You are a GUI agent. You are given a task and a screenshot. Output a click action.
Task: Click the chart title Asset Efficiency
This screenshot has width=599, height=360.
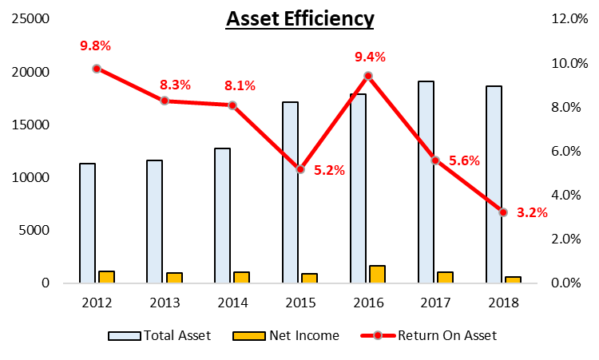[299, 18]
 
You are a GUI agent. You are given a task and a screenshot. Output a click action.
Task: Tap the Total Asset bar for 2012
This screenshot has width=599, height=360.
[87, 223]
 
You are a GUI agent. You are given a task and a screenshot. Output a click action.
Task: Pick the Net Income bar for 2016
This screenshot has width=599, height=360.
[377, 274]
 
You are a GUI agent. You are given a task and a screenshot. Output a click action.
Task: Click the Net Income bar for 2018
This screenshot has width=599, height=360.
[513, 279]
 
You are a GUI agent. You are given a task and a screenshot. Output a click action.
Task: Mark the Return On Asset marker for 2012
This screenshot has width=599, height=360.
[97, 69]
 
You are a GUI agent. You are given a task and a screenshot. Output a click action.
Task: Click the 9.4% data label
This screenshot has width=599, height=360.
[370, 57]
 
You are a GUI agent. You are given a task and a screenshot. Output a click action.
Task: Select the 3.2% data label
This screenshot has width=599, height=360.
[533, 212]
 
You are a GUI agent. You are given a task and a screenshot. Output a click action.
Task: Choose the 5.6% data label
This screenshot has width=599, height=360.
[465, 160]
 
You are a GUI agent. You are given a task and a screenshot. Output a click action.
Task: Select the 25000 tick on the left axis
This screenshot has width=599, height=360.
[27, 19]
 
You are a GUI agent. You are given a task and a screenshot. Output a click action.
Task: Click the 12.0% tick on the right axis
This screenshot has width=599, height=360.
[569, 19]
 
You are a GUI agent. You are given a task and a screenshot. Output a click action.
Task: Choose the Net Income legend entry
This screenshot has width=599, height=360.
[287, 335]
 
